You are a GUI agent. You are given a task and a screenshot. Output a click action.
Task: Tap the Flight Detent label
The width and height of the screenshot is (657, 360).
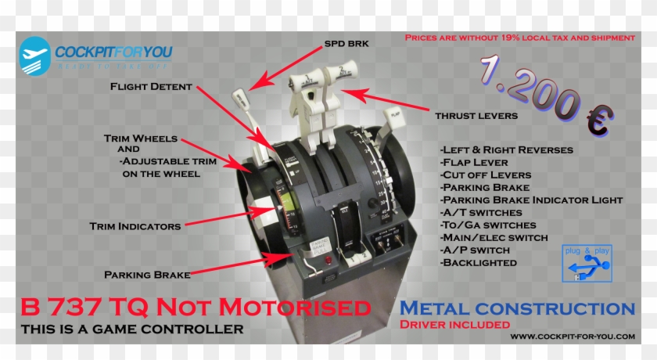151,87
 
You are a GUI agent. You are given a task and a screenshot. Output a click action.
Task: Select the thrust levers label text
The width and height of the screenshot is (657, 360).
476,116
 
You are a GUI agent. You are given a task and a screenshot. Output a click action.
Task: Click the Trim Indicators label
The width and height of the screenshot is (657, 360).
135,226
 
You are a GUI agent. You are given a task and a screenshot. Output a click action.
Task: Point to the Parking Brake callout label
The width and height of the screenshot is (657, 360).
147,275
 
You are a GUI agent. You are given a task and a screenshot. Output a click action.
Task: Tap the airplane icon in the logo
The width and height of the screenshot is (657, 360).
34,56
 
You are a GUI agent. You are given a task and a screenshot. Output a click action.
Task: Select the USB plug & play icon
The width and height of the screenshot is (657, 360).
587,265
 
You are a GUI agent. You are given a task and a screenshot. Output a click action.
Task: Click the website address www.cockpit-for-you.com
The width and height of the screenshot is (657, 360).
573,337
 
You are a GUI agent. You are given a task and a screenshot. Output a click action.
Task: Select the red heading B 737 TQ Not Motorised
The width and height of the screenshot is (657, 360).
196,306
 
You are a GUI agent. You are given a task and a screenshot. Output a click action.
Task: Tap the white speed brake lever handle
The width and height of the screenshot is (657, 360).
241,102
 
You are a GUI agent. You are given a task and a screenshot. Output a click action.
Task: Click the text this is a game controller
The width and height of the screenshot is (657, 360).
132,329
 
